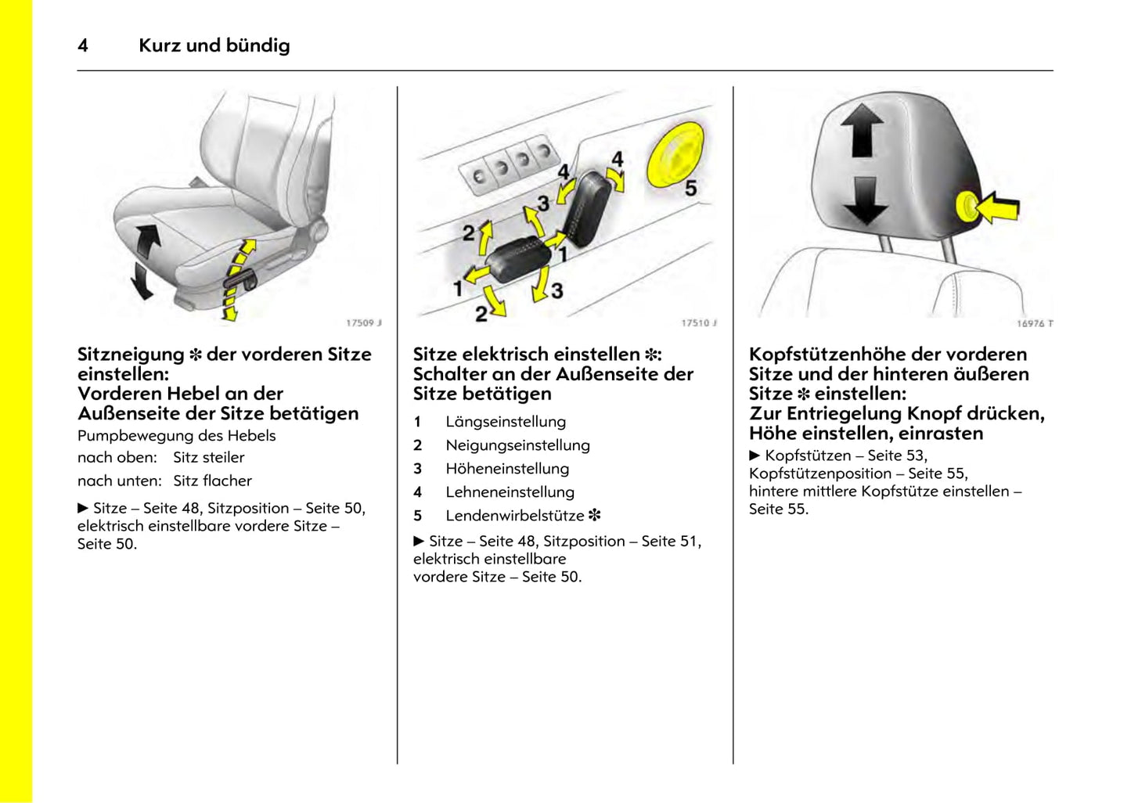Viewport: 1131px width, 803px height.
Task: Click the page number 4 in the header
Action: click(83, 45)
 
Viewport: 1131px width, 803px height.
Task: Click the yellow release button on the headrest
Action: click(967, 207)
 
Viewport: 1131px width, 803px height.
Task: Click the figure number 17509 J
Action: click(364, 322)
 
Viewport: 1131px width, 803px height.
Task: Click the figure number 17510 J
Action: click(699, 322)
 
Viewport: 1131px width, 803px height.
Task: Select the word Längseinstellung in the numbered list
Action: click(506, 422)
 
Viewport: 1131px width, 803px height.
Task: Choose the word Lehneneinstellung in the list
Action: click(510, 492)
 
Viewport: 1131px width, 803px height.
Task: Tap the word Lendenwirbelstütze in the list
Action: click(515, 516)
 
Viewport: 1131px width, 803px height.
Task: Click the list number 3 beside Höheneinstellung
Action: click(418, 469)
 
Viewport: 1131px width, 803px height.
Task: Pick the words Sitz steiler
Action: click(208, 458)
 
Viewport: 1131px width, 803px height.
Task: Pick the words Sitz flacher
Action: click(212, 481)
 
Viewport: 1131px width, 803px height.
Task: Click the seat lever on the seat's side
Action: click(239, 277)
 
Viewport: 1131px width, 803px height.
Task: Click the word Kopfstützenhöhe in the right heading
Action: click(832, 355)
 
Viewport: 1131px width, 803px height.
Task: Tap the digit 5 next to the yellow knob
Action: click(690, 188)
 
